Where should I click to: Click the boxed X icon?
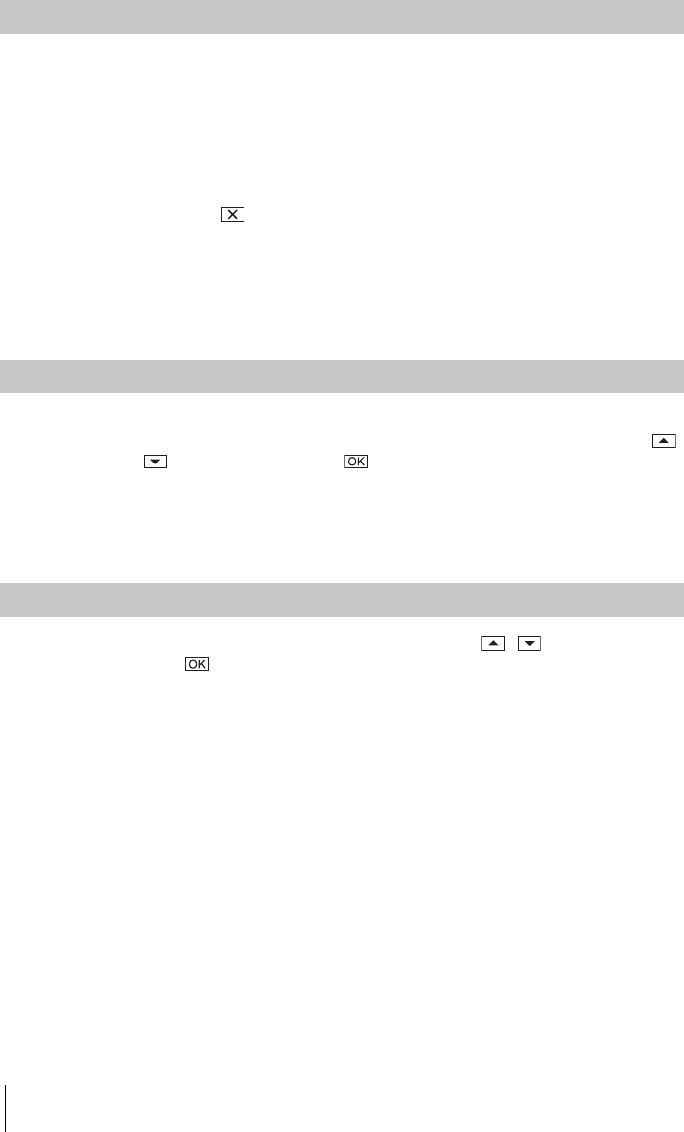pos(233,214)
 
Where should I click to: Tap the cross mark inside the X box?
pos(233,214)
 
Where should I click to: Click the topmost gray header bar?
pos(342,17)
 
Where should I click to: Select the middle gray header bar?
pos(342,376)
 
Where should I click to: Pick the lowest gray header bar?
pos(342,600)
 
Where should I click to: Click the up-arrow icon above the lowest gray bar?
pos(664,441)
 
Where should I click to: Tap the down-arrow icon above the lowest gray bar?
pos(155,462)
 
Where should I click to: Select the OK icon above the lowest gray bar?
pos(356,462)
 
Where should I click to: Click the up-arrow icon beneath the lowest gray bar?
pos(493,643)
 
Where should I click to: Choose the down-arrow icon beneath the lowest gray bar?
pos(530,643)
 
